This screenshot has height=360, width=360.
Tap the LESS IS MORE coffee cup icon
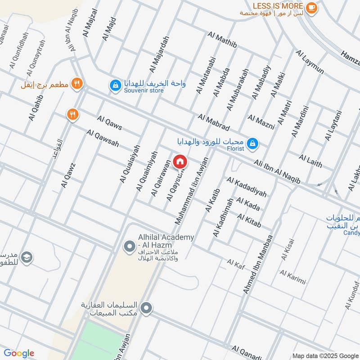(x=311, y=8)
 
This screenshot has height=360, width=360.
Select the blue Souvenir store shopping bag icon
(x=116, y=85)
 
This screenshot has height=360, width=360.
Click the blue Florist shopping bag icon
(x=253, y=143)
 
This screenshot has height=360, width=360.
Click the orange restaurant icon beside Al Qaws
(x=72, y=115)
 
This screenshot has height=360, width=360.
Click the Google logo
(x=18, y=353)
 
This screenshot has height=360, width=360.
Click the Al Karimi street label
(x=292, y=277)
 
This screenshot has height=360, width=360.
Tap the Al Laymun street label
(x=310, y=62)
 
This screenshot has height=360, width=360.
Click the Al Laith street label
(x=310, y=160)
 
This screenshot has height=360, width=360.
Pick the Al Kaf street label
(x=235, y=262)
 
